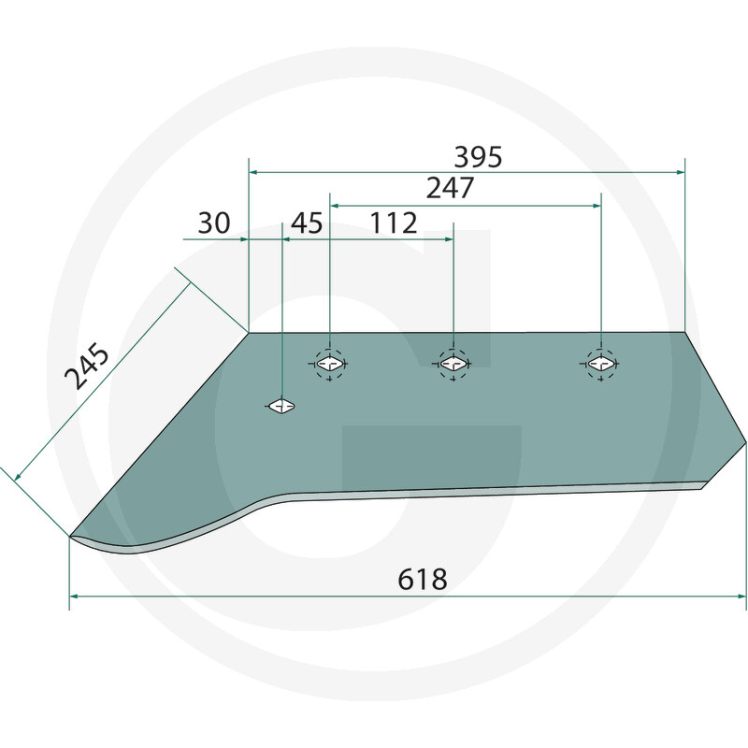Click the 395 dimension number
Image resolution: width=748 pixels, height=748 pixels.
tap(478, 157)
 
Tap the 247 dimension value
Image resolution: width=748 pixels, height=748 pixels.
tap(450, 188)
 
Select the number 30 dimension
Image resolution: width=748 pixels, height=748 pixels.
tap(214, 223)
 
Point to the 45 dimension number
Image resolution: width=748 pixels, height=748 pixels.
tap(307, 223)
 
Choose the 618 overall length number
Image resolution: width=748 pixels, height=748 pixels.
tap(422, 579)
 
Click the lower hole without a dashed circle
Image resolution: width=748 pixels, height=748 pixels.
tap(281, 406)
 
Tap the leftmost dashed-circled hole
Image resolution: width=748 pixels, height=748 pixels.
tap(329, 363)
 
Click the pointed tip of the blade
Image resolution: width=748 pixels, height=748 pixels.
tap(72, 536)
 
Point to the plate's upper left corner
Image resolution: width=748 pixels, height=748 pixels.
tap(249, 333)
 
